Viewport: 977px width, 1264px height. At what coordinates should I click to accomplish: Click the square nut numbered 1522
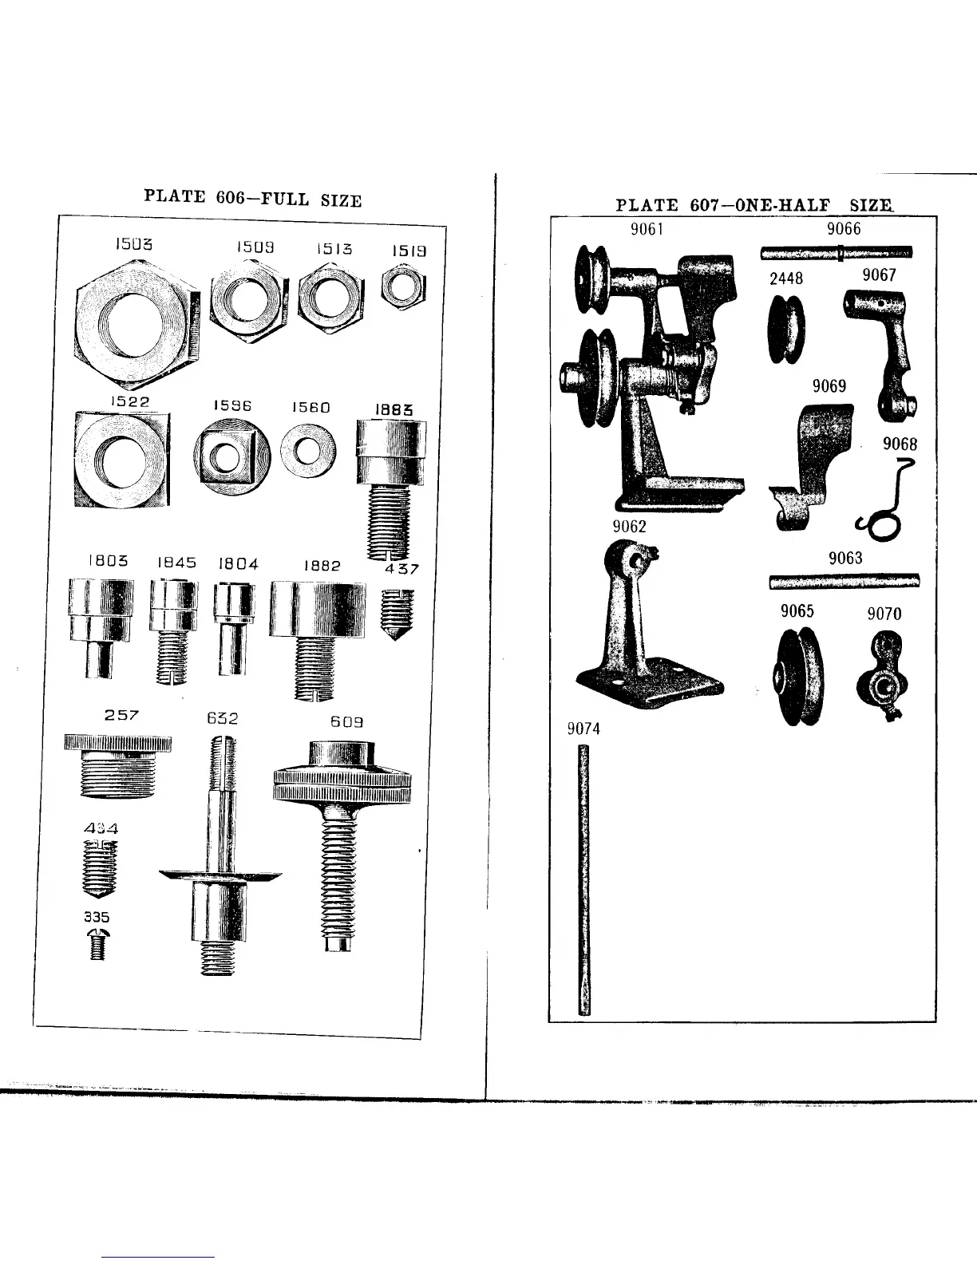(x=121, y=458)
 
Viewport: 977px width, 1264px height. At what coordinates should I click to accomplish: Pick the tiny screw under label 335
(x=97, y=944)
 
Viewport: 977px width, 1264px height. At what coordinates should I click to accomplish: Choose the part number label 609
(x=347, y=721)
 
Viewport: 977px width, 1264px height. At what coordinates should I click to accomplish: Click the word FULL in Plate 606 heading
(x=291, y=199)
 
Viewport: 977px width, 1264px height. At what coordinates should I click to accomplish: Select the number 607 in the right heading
(x=703, y=205)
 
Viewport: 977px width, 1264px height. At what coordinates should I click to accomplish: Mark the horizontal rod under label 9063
(x=844, y=581)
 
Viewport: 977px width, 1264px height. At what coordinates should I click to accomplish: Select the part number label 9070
(x=884, y=614)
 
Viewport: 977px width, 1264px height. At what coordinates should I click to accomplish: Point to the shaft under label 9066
(x=836, y=253)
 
